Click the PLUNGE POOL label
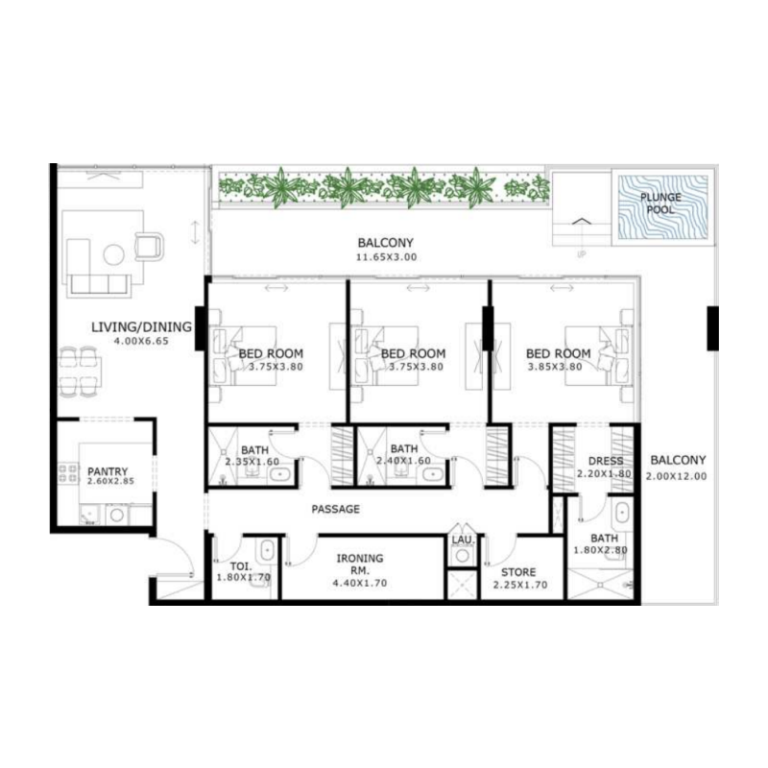661,204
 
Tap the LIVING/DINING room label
141,327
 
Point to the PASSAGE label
336,509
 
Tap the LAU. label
463,541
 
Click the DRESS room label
606,461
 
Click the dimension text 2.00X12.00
676,476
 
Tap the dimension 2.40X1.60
403,462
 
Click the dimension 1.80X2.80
605,551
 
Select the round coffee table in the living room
114,254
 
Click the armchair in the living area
150,246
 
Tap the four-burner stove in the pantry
69,472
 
